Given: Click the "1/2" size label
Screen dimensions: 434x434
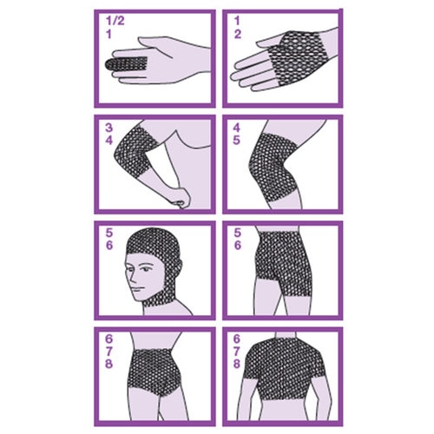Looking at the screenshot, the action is click(115, 21).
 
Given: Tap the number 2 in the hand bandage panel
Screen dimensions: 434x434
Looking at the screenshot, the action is click(238, 34).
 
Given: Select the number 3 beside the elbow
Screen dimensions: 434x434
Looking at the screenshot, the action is click(108, 128).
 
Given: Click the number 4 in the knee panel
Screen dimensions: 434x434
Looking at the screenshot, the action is click(237, 128).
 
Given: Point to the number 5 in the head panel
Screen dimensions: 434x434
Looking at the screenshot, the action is click(108, 233).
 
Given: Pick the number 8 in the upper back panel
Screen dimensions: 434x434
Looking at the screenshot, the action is click(237, 364).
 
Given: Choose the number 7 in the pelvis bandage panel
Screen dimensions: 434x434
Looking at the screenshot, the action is click(108, 352).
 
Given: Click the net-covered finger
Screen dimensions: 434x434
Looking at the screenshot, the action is click(127, 63).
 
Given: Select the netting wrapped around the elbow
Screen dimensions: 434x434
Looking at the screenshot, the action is click(134, 153).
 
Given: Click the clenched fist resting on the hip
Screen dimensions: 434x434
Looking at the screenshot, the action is click(180, 197).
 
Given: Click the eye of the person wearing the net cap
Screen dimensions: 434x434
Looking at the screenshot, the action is click(146, 269).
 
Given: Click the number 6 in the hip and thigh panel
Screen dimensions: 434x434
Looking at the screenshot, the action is click(237, 246).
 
